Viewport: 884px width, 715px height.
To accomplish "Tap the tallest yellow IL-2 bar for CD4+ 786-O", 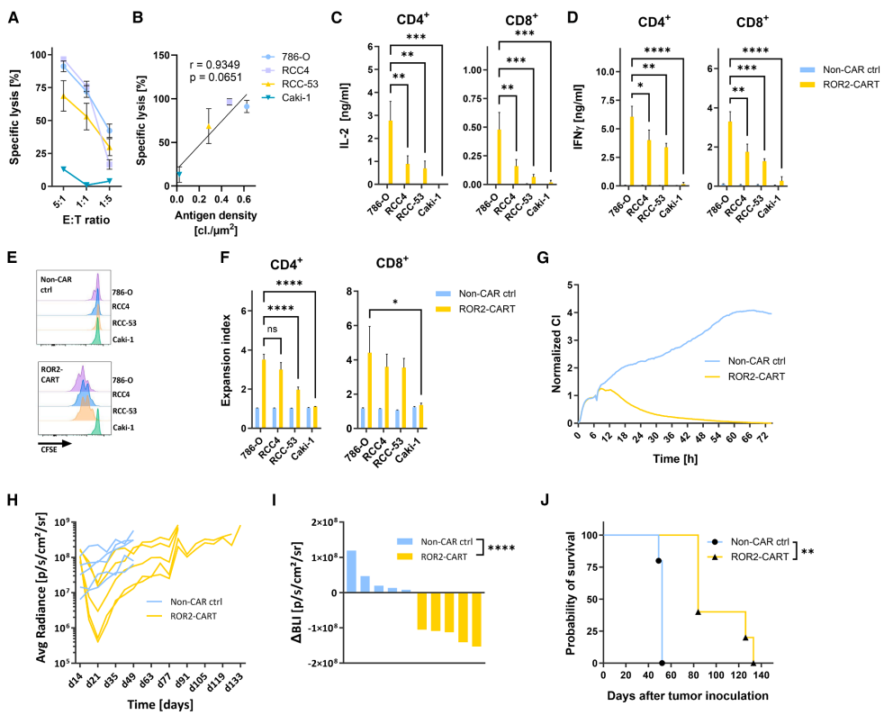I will point(390,153).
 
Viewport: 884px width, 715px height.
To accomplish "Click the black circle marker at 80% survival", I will point(658,561).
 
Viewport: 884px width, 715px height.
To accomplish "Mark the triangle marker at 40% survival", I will point(699,612).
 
